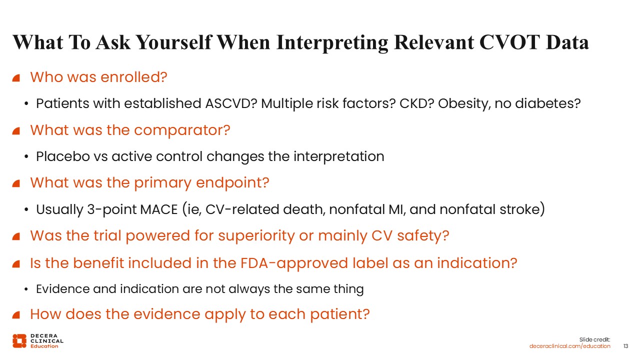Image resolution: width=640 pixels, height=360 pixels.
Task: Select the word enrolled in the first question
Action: coord(133,77)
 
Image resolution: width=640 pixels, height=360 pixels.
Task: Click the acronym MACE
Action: coord(159,209)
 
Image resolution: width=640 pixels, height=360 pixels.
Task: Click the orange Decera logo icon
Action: coord(19,341)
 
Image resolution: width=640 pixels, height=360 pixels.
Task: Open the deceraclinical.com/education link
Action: coord(569,346)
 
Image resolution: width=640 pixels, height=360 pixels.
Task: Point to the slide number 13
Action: coord(625,346)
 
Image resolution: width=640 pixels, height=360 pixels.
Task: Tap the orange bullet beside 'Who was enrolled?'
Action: coord(16,77)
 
